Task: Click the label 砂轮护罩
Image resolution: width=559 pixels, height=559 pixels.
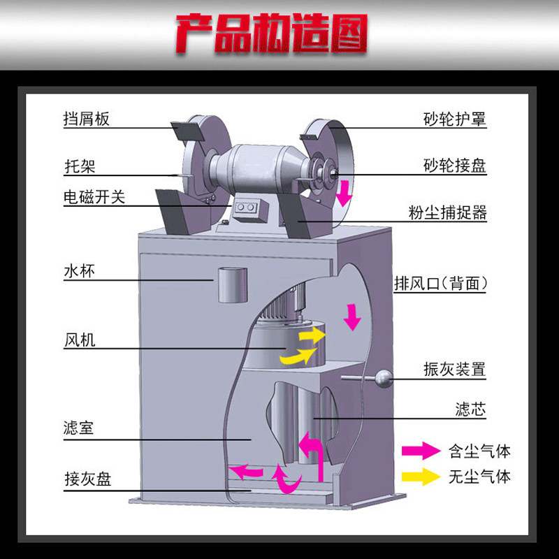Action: [x=455, y=119]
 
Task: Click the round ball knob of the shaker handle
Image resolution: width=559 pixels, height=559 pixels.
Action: [x=383, y=379]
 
